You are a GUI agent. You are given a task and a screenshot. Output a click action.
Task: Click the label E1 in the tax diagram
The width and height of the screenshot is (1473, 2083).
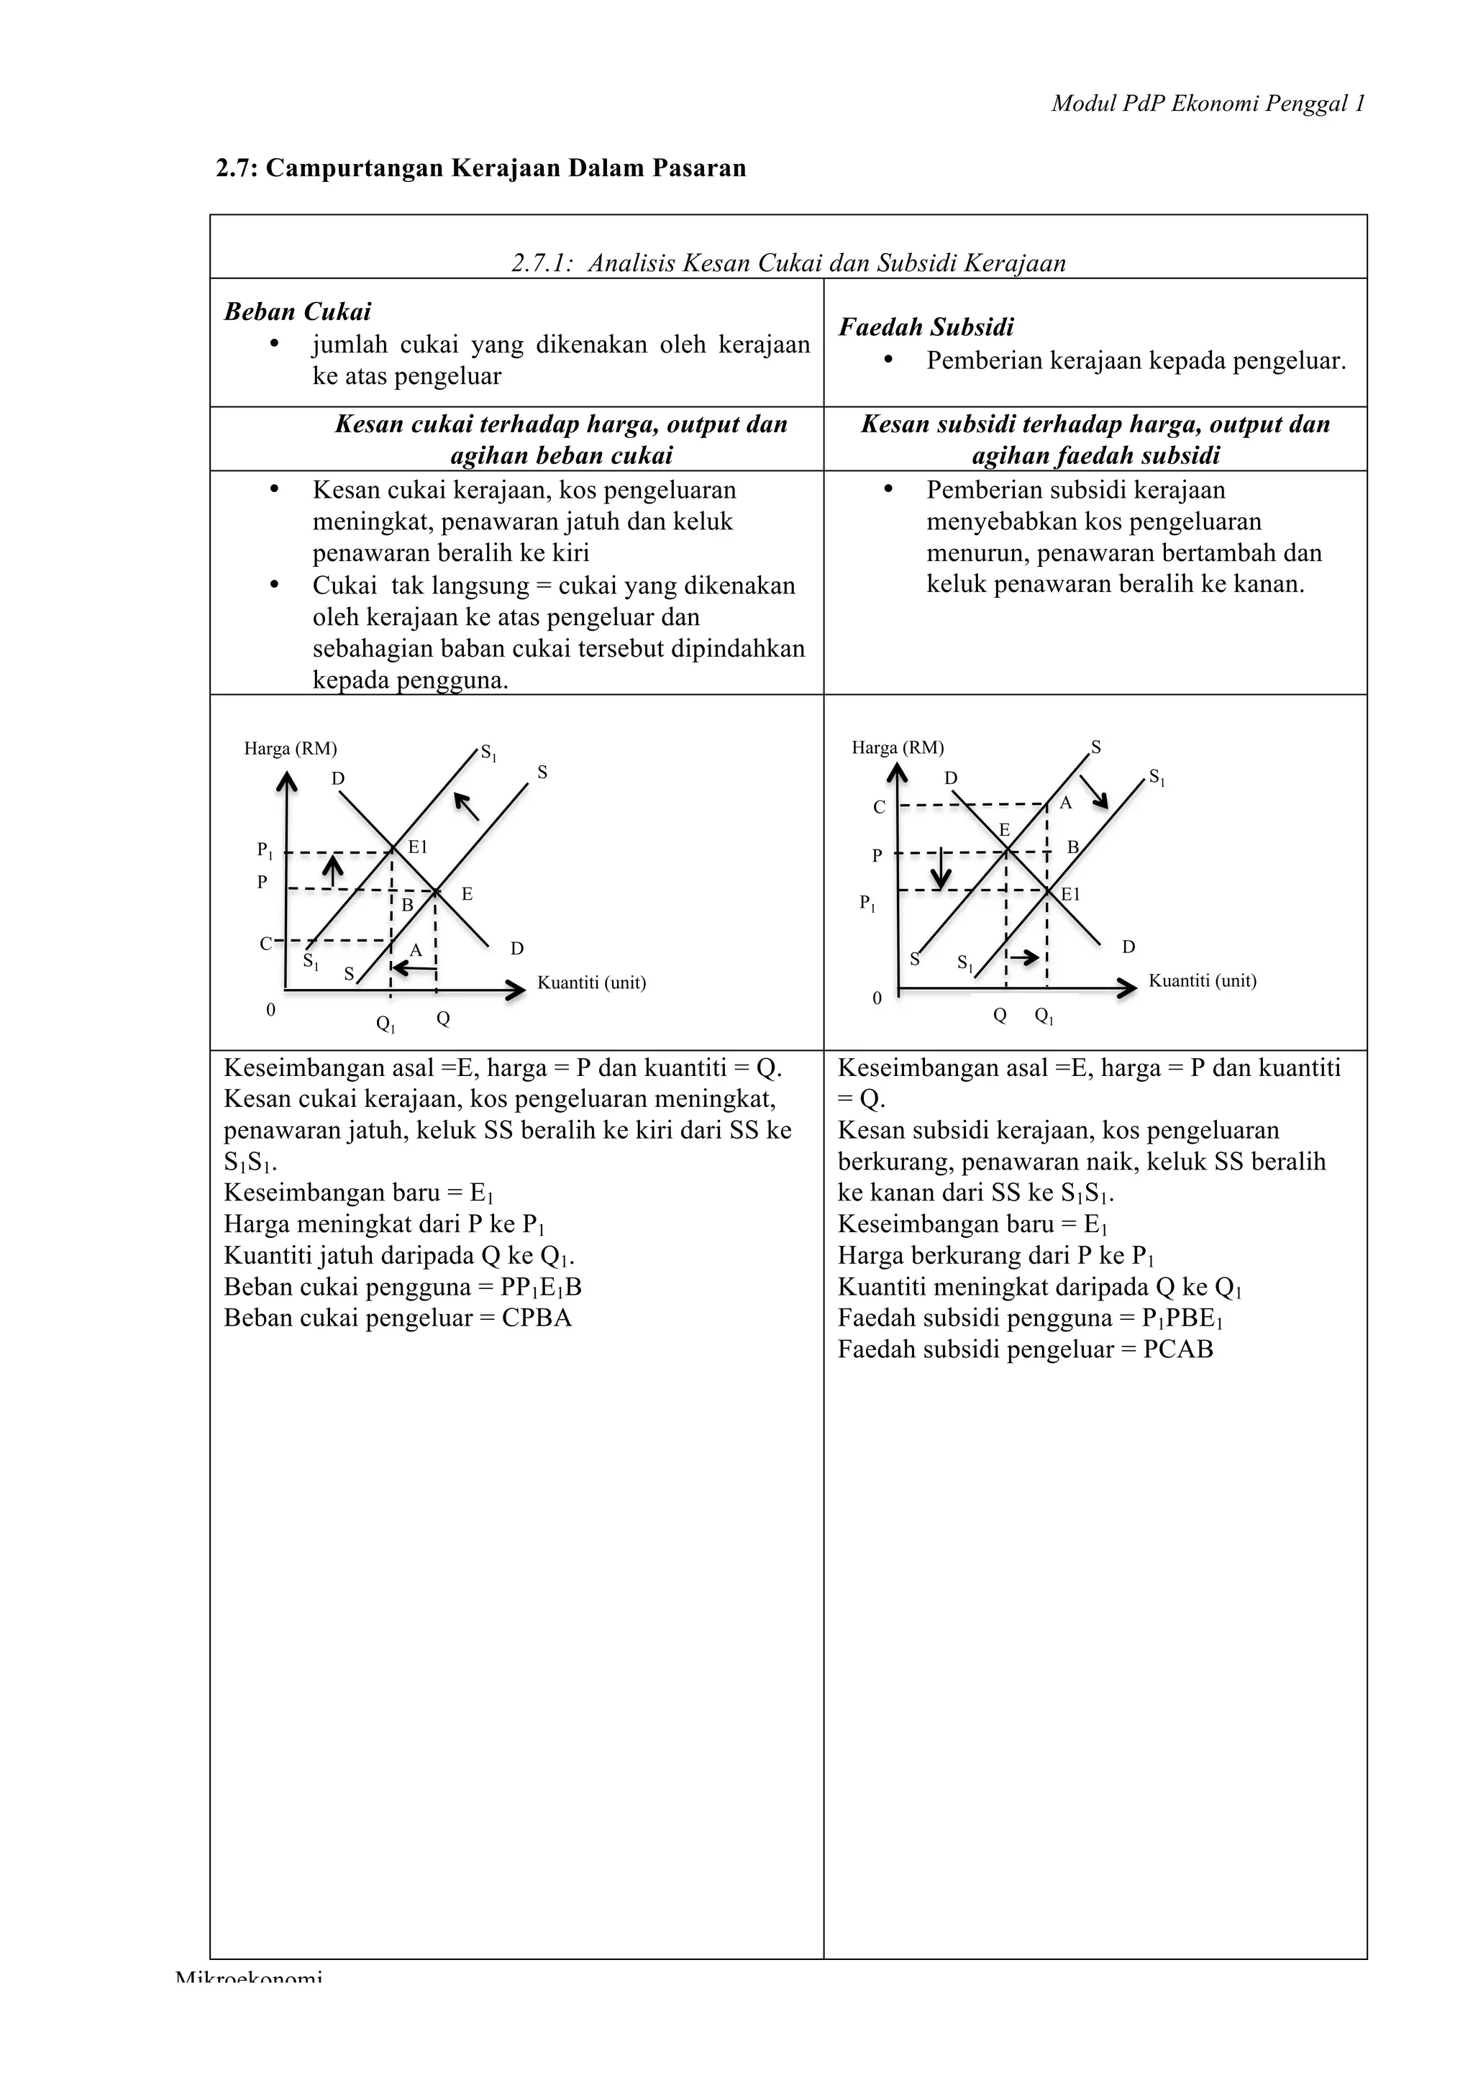click(x=417, y=847)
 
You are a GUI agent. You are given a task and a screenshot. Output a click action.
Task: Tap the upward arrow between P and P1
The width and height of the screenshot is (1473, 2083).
click(x=334, y=870)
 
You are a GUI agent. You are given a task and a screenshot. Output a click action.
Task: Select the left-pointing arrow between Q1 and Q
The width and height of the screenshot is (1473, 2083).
click(x=414, y=969)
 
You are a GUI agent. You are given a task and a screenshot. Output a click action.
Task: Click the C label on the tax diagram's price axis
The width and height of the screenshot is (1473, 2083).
click(x=265, y=944)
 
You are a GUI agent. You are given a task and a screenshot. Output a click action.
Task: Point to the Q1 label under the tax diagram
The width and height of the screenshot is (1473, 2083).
click(x=386, y=1024)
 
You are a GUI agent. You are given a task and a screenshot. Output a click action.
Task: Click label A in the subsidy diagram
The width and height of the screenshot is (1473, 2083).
click(x=1066, y=803)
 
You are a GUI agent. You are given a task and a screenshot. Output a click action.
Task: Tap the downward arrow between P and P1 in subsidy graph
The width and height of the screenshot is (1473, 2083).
click(x=941, y=868)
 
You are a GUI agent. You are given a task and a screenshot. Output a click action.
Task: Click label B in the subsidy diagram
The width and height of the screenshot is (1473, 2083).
click(x=1072, y=847)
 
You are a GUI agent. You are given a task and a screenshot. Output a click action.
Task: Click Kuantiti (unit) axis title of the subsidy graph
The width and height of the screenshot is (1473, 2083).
click(x=1202, y=980)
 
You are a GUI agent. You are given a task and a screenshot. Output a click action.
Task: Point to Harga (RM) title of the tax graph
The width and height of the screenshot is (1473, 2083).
click(x=291, y=749)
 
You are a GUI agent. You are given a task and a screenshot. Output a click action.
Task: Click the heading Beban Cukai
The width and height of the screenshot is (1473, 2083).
click(x=298, y=311)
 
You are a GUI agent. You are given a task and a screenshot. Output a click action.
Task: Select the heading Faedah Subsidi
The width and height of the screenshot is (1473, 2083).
click(x=925, y=327)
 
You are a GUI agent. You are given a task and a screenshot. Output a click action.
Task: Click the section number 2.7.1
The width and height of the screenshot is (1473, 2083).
click(x=542, y=263)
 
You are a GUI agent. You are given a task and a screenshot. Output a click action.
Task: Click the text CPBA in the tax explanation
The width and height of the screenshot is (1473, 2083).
click(x=537, y=1317)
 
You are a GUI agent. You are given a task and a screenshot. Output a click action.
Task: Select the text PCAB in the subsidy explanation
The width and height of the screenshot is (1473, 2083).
click(x=1177, y=1349)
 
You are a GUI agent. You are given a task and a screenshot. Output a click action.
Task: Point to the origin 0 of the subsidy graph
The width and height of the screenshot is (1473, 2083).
click(x=876, y=998)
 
